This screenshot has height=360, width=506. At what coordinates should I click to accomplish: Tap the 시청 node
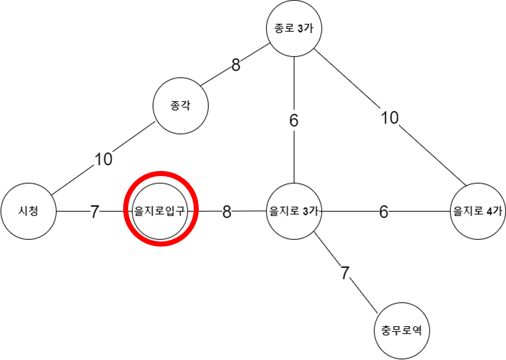pyautogui.click(x=28, y=212)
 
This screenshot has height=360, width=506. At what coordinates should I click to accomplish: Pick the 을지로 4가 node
pyautogui.click(x=478, y=212)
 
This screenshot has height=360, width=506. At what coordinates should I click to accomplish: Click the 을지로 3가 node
pyautogui.click(x=294, y=212)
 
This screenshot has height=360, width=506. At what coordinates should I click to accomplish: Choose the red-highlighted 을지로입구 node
pyautogui.click(x=161, y=212)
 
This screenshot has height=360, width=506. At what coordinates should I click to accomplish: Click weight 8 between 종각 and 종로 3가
pyautogui.click(x=235, y=65)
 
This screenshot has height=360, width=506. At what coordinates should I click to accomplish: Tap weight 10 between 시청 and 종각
pyautogui.click(x=103, y=160)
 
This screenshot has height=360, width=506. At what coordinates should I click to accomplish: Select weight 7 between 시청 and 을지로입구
pyautogui.click(x=95, y=212)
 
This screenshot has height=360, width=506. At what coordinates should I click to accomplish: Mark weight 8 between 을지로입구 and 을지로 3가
pyautogui.click(x=226, y=212)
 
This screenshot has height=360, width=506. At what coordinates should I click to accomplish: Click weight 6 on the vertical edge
pyautogui.click(x=294, y=121)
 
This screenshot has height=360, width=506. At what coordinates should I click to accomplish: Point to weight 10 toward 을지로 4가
pyautogui.click(x=389, y=118)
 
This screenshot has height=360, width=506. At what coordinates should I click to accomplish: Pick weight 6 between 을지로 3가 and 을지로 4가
pyautogui.click(x=384, y=212)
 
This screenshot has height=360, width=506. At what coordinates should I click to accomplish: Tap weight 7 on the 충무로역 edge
pyautogui.click(x=345, y=273)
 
